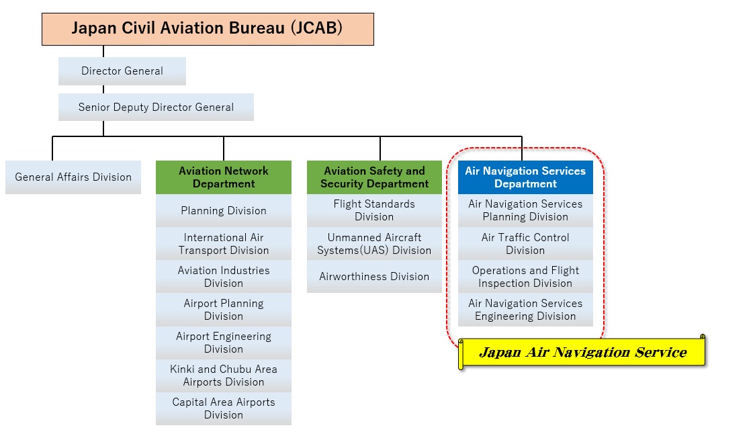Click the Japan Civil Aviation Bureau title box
point(208,30)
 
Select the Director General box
point(122,71)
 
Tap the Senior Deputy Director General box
point(156,107)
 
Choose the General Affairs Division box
point(73,177)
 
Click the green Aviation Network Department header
point(224,177)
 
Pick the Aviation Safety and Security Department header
point(374,177)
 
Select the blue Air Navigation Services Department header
point(525,177)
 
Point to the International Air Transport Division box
point(224,244)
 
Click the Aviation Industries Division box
point(224,277)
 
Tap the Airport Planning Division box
point(224,310)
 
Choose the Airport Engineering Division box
point(224,343)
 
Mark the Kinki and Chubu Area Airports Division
point(224,376)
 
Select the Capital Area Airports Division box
point(224,408)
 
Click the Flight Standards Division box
point(374,210)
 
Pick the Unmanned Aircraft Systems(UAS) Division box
point(374,244)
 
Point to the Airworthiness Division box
point(374,277)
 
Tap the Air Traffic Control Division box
point(525,244)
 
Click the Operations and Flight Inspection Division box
point(525,277)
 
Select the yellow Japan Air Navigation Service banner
point(582,353)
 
